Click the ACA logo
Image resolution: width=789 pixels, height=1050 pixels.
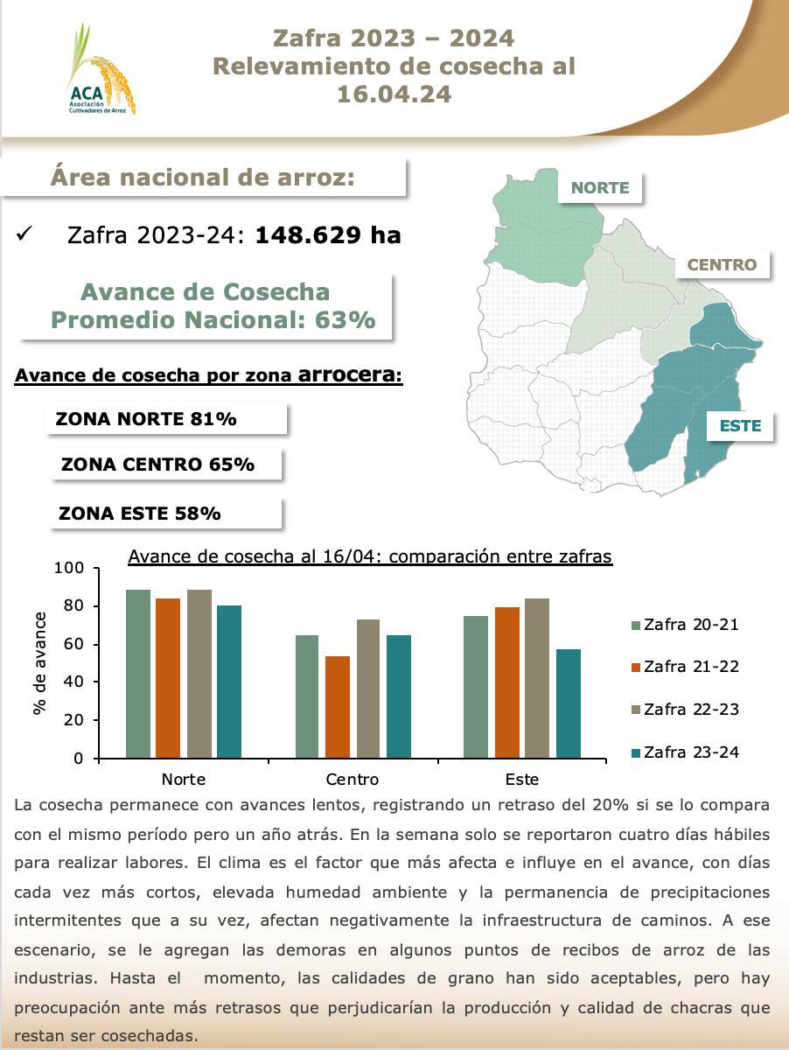point(100,72)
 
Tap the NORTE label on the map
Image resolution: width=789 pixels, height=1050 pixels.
point(599,187)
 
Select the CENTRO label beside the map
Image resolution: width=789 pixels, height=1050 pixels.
point(721,264)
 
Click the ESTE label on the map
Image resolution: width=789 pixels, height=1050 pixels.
point(740,426)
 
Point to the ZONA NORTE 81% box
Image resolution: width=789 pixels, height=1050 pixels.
point(166,419)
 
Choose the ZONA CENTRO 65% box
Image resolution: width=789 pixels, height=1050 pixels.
point(170,465)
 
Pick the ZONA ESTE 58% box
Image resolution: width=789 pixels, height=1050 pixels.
point(166,514)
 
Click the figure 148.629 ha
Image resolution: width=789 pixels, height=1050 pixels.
point(327,235)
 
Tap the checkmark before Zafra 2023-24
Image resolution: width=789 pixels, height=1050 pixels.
point(24,234)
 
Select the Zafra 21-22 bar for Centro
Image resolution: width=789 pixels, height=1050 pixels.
point(338,707)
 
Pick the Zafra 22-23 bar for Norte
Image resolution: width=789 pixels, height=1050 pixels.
point(199,674)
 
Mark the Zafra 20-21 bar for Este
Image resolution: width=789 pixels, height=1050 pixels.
point(477,687)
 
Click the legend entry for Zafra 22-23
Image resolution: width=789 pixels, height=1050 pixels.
point(685,710)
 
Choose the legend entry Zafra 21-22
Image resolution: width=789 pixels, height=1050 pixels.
point(685,667)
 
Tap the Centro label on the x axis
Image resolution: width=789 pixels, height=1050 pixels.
point(352,780)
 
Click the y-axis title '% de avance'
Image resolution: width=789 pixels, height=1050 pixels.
point(40,663)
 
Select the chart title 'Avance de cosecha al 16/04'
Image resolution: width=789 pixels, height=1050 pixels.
point(369,556)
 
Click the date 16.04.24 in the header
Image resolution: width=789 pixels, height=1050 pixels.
point(394,94)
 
